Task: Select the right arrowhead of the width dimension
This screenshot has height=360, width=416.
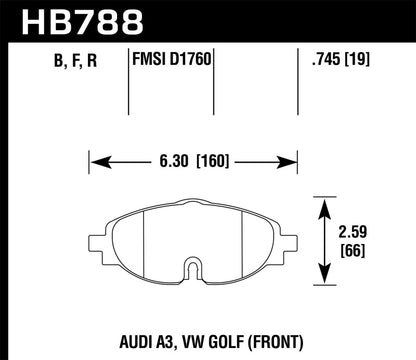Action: (x=297, y=157)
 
